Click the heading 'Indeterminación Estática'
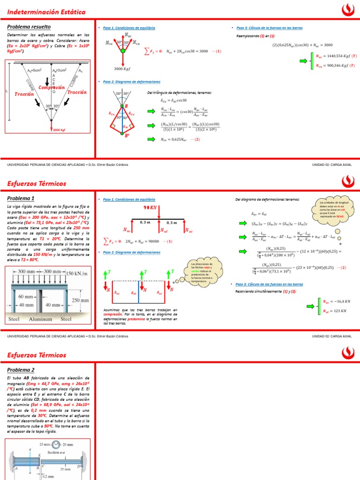click(x=46, y=12)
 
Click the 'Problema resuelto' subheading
click(x=29, y=27)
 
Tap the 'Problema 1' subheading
click(x=21, y=198)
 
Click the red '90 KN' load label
click(x=150, y=207)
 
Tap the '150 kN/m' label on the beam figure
click(x=77, y=273)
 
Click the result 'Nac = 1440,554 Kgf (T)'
click(x=336, y=56)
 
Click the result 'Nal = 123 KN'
click(x=334, y=310)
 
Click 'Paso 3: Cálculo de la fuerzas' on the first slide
click(x=262, y=28)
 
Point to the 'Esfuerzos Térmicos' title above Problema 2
click(x=37, y=355)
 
